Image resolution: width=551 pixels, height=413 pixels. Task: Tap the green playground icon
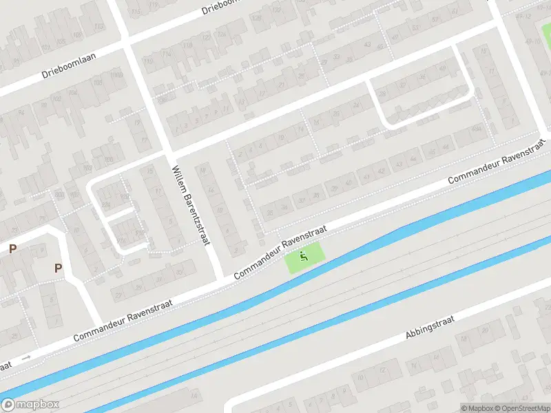[303, 258]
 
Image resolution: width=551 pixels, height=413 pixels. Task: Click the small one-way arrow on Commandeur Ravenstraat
[26, 357]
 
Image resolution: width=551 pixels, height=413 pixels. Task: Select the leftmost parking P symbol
[12, 248]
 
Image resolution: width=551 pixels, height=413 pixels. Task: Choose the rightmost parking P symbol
[59, 268]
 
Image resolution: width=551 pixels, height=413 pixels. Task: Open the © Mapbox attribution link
[477, 407]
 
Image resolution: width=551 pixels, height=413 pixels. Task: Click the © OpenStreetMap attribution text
[523, 407]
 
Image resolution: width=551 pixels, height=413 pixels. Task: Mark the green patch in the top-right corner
[546, 32]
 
